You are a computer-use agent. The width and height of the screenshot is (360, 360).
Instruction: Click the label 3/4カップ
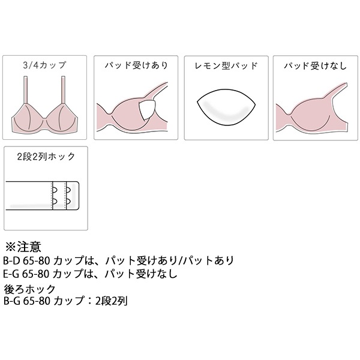(x=44, y=65)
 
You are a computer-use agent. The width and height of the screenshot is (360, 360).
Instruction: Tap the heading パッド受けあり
(x=136, y=65)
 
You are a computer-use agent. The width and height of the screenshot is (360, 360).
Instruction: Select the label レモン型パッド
(x=226, y=66)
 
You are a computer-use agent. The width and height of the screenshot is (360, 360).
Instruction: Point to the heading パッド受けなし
(x=315, y=66)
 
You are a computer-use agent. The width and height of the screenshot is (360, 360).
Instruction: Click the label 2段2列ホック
(x=46, y=157)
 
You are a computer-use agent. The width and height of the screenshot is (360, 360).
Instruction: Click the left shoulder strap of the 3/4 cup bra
(x=26, y=90)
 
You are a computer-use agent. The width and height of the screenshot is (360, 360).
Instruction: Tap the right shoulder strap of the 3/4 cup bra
(x=64, y=90)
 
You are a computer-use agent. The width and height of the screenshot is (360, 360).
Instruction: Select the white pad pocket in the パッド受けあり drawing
(x=146, y=110)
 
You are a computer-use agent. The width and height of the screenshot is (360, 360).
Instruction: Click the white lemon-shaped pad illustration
(x=226, y=107)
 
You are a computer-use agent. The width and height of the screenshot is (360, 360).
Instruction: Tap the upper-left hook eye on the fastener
(x=55, y=190)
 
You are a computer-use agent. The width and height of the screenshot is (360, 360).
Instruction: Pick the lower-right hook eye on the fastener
(x=68, y=202)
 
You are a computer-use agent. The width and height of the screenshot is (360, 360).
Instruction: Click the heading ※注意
(x=23, y=247)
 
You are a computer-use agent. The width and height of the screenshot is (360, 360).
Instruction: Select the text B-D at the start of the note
(x=11, y=260)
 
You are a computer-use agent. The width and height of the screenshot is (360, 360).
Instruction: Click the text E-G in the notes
(x=11, y=274)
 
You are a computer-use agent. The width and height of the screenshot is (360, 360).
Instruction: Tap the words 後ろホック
(x=29, y=290)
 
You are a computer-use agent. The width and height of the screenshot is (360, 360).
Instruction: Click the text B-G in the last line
(x=12, y=301)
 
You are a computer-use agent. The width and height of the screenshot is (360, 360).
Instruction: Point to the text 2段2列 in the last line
(x=111, y=301)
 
